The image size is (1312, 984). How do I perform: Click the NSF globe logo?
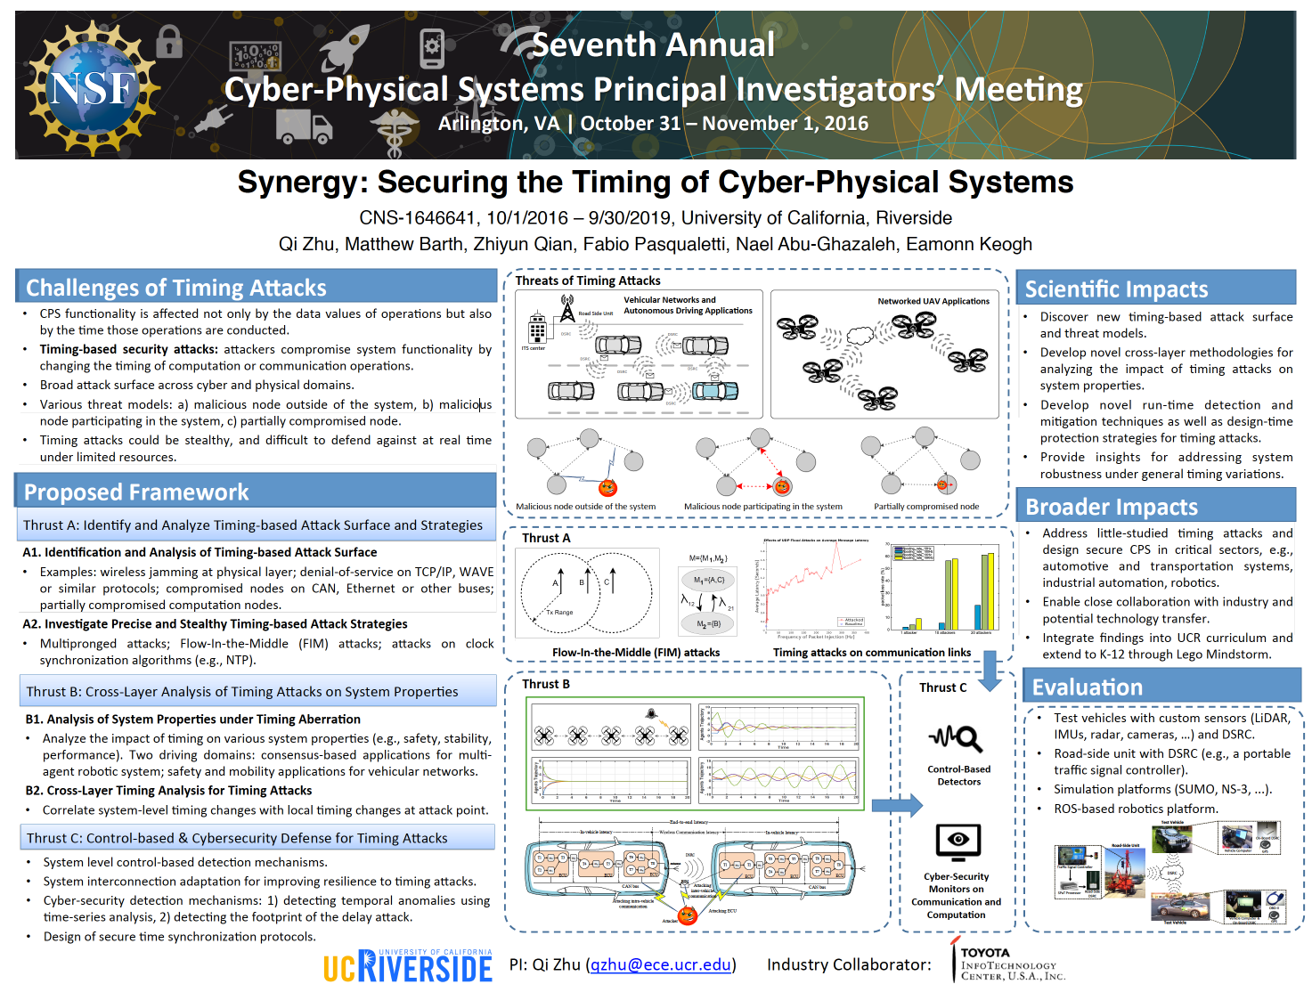tap(92, 87)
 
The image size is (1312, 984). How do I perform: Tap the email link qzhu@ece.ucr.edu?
tap(660, 964)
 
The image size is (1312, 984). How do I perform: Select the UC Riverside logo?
tap(407, 966)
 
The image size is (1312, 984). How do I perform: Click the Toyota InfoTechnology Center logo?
tap(1006, 963)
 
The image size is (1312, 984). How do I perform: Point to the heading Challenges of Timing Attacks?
tap(176, 288)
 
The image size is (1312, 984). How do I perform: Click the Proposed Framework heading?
tap(136, 492)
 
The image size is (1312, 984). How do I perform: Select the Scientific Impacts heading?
tap(1116, 289)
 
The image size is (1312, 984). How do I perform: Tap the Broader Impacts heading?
tap(1112, 507)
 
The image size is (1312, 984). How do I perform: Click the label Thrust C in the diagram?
tap(942, 687)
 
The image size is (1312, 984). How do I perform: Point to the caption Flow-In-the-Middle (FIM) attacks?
tap(635, 653)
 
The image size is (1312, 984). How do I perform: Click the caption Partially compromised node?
tap(925, 507)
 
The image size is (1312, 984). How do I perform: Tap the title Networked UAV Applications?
tap(933, 301)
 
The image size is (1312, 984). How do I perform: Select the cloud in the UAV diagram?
tap(860, 336)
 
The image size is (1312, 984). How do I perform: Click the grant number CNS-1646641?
tap(417, 218)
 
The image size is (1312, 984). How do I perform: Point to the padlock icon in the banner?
tap(169, 41)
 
